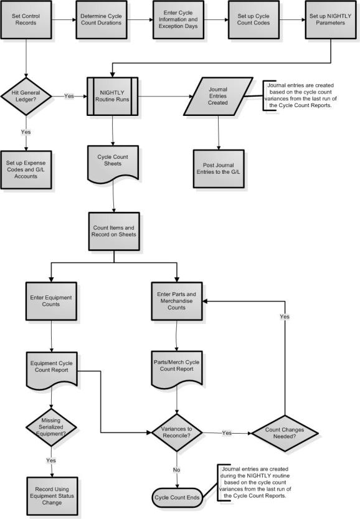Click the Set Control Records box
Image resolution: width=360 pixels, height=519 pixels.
pos(26,19)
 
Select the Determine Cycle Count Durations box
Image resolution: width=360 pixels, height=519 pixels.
pos(102,19)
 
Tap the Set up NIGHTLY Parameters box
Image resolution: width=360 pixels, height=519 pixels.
pos(330,19)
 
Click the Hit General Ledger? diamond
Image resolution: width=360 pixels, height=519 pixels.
pos(26,97)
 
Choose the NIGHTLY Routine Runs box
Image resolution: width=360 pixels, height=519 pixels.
pos(113,97)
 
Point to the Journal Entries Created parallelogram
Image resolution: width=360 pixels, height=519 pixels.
pos(218,97)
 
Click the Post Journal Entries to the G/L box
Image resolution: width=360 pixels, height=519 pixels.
pos(219,169)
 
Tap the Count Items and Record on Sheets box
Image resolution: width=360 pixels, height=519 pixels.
pos(114,231)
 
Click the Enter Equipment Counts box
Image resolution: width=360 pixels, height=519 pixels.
pos(51,301)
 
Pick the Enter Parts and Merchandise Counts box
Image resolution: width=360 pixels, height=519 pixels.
pos(177,301)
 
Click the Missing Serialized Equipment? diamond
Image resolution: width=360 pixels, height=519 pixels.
pos(51,427)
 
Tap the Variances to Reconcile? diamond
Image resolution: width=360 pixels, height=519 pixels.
pos(177,432)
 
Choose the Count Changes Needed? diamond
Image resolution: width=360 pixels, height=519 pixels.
pos(285,433)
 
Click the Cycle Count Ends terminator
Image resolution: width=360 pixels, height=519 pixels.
pos(177,497)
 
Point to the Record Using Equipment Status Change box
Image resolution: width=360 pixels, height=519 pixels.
pos(52,496)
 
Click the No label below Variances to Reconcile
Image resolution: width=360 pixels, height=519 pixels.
pos(177,470)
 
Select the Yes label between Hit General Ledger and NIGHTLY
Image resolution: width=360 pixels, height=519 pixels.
pos(69,96)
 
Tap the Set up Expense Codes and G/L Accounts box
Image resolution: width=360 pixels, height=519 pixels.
pos(26,170)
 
